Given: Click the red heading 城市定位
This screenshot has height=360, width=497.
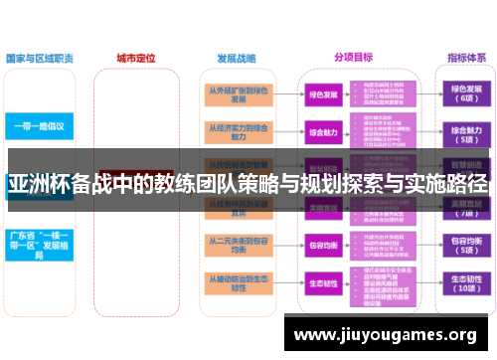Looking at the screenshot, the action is point(136,58).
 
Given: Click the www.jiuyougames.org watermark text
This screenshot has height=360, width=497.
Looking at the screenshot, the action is point(388,334).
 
